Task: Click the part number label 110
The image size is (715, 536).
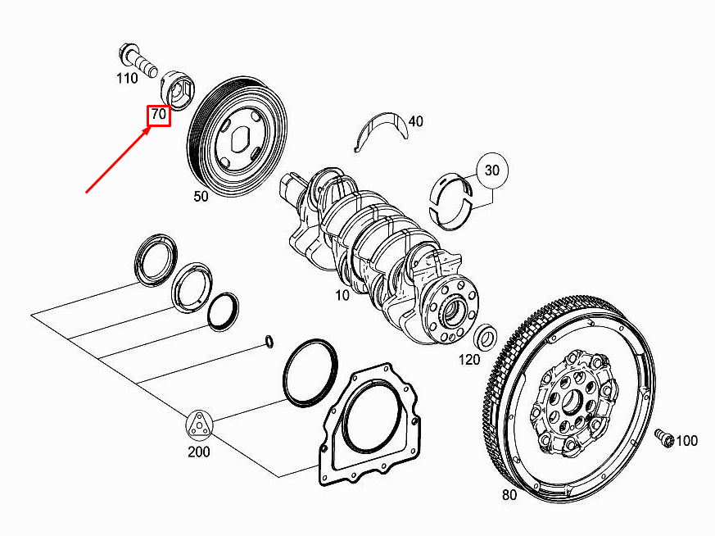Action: click(127, 79)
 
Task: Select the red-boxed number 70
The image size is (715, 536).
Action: click(158, 116)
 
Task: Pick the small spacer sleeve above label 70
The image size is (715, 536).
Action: click(177, 86)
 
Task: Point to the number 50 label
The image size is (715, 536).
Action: click(201, 197)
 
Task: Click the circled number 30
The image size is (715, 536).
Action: click(491, 170)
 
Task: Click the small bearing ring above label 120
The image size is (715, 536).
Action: click(486, 335)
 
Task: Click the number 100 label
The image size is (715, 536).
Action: click(686, 441)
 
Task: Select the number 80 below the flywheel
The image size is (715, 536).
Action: click(509, 495)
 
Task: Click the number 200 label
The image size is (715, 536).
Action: click(198, 452)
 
